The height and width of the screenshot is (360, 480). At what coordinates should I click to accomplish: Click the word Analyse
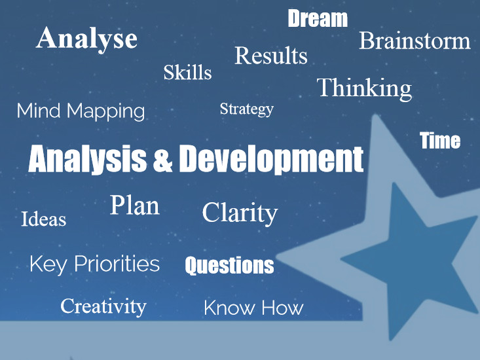86,39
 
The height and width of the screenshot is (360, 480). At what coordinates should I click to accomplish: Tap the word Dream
318,18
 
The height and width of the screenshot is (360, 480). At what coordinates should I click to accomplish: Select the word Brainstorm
415,41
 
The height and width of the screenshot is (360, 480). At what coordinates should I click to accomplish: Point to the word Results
271,56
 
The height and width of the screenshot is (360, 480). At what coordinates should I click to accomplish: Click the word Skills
187,72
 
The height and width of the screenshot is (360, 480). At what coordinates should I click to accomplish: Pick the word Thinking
364,89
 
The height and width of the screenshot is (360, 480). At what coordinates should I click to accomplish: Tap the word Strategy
246,109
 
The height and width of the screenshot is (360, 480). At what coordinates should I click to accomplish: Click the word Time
440,141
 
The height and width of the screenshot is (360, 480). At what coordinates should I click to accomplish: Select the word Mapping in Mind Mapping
105,112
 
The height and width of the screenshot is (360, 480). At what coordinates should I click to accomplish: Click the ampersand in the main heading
162,160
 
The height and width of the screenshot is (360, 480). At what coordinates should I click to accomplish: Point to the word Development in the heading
271,159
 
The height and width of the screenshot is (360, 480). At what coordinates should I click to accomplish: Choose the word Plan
135,205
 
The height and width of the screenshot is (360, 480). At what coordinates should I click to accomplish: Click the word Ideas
43,219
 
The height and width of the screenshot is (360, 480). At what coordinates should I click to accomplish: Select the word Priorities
117,264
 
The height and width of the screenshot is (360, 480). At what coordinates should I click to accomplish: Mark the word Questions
229,266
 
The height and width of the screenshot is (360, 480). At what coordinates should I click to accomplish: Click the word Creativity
103,306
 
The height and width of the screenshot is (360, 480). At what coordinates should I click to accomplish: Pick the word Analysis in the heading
87,160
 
